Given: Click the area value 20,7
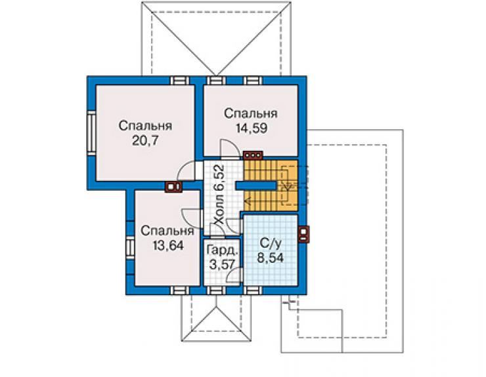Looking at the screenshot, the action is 145,140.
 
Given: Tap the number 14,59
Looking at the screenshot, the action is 252,128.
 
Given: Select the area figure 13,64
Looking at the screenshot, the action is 168,245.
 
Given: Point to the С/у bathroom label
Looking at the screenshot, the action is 271,244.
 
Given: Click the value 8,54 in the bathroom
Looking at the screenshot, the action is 271,258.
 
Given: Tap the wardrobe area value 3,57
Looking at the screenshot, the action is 221,265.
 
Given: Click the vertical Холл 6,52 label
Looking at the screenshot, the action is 219,195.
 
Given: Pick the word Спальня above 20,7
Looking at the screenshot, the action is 145,126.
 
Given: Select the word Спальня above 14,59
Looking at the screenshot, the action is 251,113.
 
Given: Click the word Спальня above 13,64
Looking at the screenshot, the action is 167,231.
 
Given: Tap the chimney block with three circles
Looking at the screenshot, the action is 253,155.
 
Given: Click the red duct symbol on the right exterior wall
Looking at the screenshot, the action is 303,234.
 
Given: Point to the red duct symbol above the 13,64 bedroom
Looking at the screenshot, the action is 173,187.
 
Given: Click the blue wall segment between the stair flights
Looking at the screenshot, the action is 256,186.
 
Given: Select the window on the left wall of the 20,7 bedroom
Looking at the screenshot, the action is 91,133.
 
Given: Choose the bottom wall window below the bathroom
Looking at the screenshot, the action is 253,290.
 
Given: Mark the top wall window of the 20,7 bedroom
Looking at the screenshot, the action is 180,80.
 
